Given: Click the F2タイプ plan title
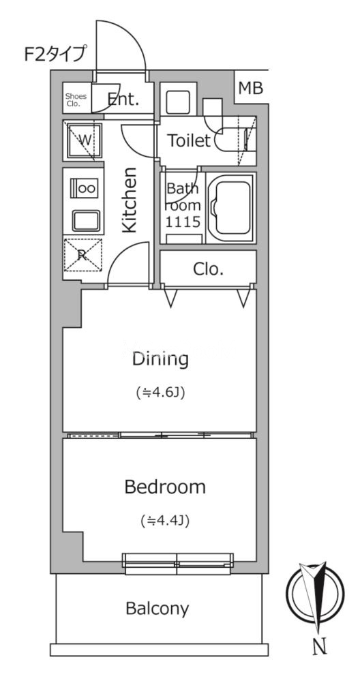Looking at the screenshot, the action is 55,55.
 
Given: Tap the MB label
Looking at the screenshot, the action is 251,88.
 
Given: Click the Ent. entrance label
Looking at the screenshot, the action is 123,100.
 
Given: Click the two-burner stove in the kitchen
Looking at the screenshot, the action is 84,188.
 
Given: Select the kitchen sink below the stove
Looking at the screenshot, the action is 86,220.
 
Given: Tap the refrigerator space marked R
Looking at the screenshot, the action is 83,255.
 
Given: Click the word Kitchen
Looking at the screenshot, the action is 129,200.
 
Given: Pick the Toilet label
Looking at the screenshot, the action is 188,140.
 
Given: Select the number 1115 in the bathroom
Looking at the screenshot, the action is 183,222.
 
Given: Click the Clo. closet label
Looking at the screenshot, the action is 209,269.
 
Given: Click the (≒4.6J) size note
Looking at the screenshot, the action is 160,393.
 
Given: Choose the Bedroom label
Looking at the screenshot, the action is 165,487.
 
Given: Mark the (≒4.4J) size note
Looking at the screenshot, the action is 165,520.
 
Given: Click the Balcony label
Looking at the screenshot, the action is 157,608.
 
